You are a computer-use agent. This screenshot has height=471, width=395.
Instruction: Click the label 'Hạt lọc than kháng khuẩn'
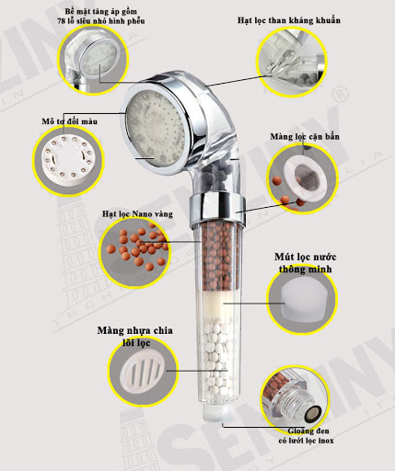tap(289, 20)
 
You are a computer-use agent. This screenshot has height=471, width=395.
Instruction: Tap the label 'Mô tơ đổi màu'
tap(70, 121)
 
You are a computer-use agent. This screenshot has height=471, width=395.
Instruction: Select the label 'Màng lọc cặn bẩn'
tap(305, 137)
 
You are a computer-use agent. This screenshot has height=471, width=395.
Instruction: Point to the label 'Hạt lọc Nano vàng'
tap(137, 213)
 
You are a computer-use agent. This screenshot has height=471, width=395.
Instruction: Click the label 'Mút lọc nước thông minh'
tap(305, 263)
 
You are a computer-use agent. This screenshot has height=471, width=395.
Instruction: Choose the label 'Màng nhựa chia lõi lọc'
tap(135, 337)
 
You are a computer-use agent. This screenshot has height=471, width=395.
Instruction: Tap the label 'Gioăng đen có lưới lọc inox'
tap(306, 436)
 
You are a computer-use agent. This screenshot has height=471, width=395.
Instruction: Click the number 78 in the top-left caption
tap(61, 21)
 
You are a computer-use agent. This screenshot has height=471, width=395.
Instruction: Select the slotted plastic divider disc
tap(143, 372)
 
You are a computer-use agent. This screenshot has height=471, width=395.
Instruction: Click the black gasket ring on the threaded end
tap(313, 413)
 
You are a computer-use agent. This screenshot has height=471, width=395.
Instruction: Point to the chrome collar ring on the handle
tap(217, 206)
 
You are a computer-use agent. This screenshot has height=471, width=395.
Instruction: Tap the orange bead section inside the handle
tap(215, 257)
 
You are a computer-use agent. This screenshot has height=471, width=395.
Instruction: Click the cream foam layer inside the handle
tap(215, 305)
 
